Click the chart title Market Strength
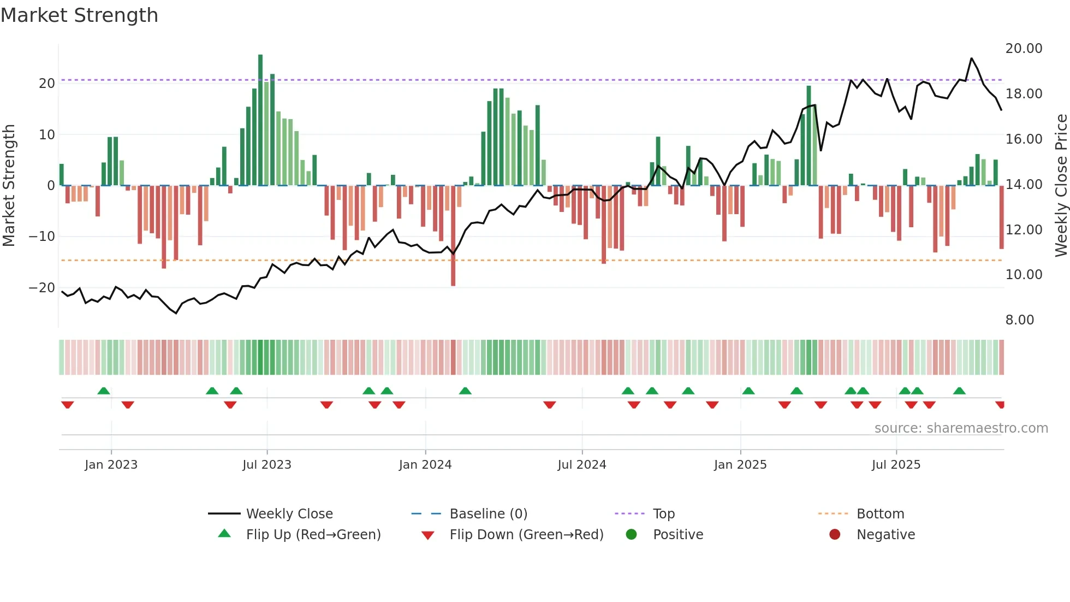click(x=79, y=15)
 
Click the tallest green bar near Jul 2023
click(x=260, y=120)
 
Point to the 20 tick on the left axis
click(x=47, y=84)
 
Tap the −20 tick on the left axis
click(x=42, y=288)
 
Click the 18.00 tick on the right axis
click(x=1024, y=94)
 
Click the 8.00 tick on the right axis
click(x=1019, y=320)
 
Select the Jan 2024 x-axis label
click(x=425, y=465)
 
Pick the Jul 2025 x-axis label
click(x=896, y=465)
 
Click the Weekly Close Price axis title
click(x=1061, y=186)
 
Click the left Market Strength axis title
click(x=9, y=186)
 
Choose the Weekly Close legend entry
click(x=289, y=514)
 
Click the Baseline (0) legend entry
click(x=488, y=514)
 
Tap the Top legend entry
click(x=663, y=514)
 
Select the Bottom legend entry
click(x=880, y=514)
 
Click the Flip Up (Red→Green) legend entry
click(x=313, y=535)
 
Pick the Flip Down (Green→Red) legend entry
click(x=526, y=535)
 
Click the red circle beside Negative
click(x=835, y=534)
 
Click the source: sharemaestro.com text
click(x=961, y=428)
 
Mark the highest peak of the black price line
click(x=971, y=58)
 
